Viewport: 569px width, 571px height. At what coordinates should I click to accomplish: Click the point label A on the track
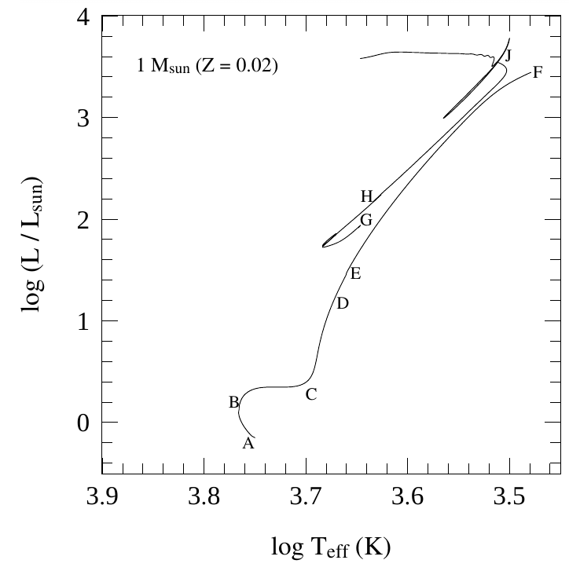click(x=248, y=444)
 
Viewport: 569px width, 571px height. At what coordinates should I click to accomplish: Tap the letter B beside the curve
click(x=233, y=402)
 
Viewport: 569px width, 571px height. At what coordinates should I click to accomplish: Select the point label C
click(x=311, y=394)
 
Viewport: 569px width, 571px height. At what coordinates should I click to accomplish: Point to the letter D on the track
click(x=342, y=303)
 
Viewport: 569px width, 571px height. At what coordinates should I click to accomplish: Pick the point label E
click(x=355, y=274)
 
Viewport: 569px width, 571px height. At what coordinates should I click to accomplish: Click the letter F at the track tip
click(x=538, y=73)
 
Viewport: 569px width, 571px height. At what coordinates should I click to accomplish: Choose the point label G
click(x=366, y=220)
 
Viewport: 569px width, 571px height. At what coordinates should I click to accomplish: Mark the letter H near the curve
click(x=366, y=196)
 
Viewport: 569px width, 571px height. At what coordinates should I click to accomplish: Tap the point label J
click(x=508, y=55)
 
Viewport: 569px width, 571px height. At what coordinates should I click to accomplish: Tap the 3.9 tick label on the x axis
click(x=102, y=497)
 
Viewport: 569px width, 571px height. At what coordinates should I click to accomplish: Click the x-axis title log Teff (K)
click(x=330, y=547)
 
